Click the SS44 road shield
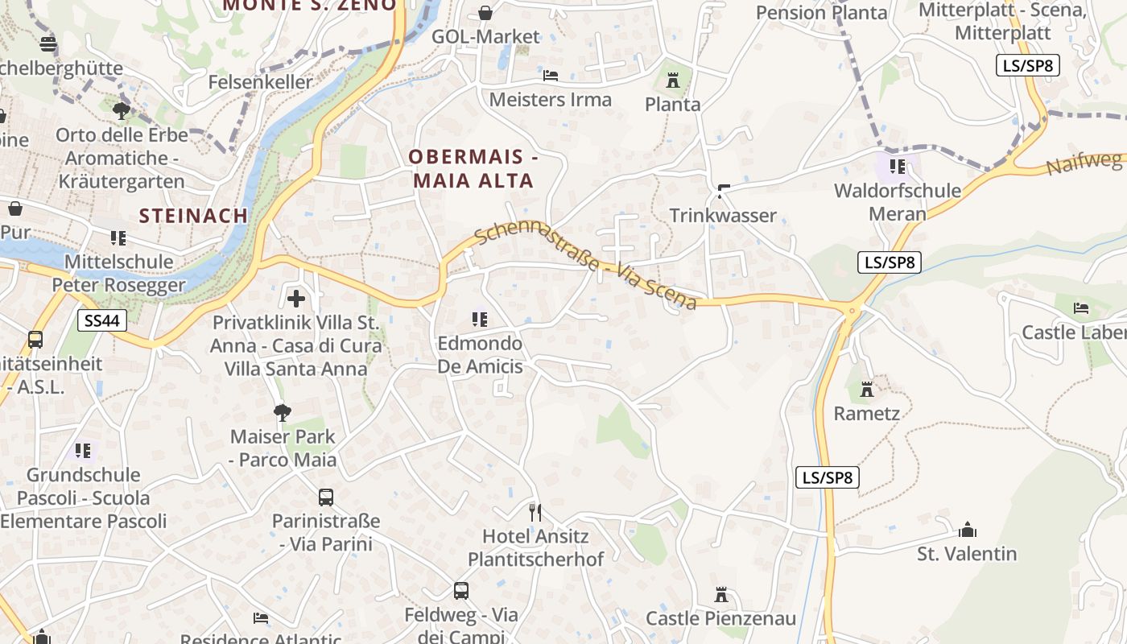(102, 321)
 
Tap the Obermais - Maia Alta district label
(473, 168)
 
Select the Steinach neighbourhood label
(193, 215)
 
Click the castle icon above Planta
(673, 80)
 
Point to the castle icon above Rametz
(866, 390)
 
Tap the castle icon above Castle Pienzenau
(721, 595)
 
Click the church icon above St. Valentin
(967, 530)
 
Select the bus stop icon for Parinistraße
(325, 497)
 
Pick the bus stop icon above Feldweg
(460, 591)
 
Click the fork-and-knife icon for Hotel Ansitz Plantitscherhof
(535, 512)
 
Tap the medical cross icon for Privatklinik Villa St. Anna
(296, 299)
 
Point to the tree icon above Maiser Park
(282, 413)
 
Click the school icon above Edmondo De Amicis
(480, 320)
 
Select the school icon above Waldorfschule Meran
(898, 167)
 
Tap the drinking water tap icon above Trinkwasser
(723, 192)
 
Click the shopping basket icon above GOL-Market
(485, 13)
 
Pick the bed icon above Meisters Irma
(551, 76)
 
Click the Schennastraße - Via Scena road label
(585, 266)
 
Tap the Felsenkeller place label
(260, 82)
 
